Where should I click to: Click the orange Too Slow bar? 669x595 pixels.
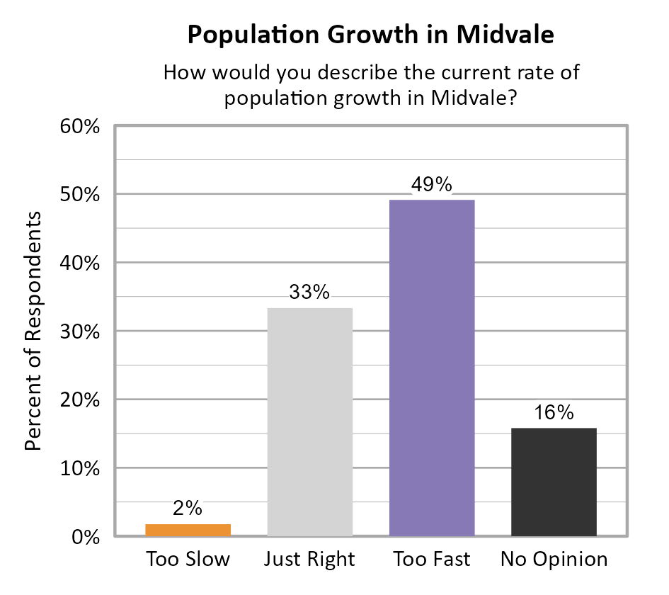188,530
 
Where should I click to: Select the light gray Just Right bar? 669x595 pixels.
310,422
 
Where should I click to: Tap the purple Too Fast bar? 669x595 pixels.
432,368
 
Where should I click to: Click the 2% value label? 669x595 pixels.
188,508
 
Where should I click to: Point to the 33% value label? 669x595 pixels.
310,292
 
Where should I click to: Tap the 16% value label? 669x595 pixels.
554,412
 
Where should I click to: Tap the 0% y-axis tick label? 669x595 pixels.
84,538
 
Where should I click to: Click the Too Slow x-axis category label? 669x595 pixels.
188,560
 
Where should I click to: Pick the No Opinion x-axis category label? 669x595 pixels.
554,560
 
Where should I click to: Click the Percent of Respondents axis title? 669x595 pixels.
34,331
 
